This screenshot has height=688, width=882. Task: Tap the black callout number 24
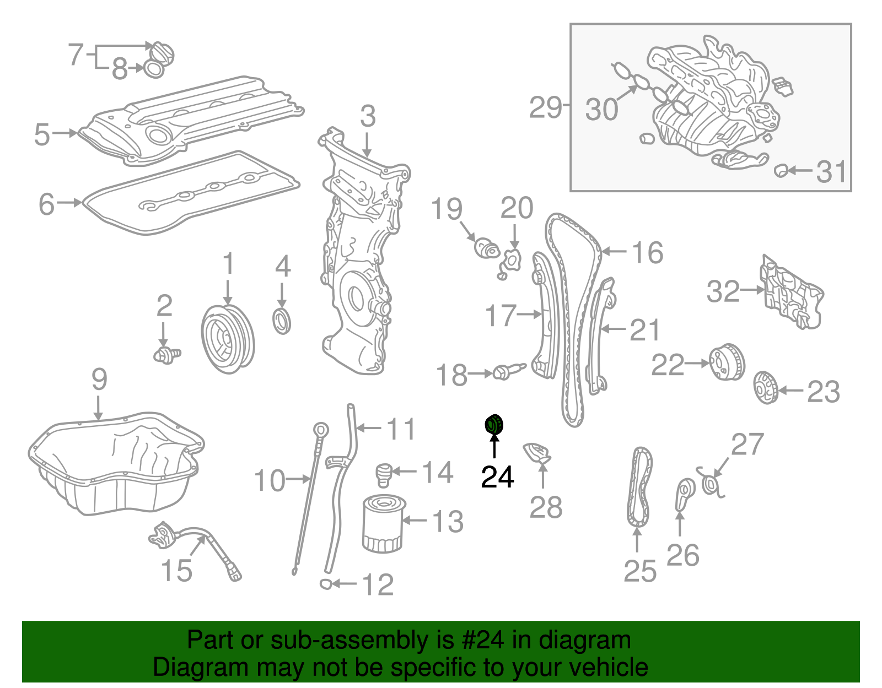pyautogui.click(x=497, y=477)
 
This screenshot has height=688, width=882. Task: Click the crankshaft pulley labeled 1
pyautogui.click(x=227, y=338)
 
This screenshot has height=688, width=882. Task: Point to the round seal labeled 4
pyautogui.click(x=282, y=322)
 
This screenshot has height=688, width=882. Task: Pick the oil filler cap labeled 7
pyautogui.click(x=163, y=53)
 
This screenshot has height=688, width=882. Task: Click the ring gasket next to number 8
pyautogui.click(x=154, y=69)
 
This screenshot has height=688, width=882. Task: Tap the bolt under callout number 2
pyautogui.click(x=166, y=355)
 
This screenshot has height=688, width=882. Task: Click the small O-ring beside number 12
pyautogui.click(x=326, y=583)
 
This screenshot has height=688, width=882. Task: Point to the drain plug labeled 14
pyautogui.click(x=383, y=474)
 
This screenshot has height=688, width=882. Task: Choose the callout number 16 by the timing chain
pyautogui.click(x=647, y=253)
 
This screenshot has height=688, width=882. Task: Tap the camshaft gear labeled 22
pyautogui.click(x=726, y=362)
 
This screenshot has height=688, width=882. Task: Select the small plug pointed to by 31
pyautogui.click(x=781, y=170)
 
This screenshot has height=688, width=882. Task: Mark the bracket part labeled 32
pyautogui.click(x=792, y=292)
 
